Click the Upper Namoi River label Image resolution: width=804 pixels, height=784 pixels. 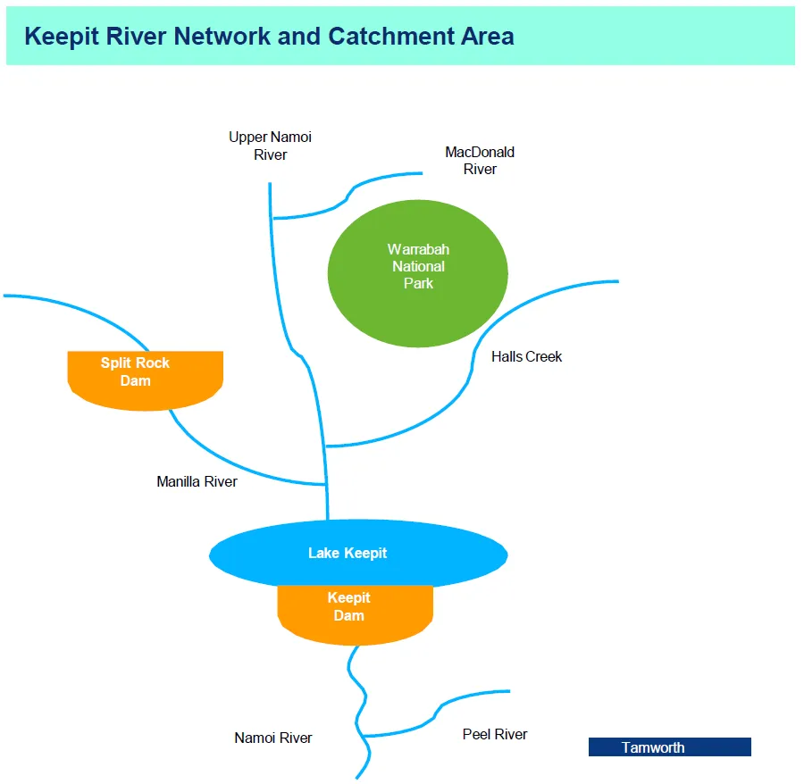270,146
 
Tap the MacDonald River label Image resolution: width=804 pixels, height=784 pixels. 480,161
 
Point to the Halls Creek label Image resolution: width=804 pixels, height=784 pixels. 526,356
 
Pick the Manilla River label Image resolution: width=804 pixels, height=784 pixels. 197,481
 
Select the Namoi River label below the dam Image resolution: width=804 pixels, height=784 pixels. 273,738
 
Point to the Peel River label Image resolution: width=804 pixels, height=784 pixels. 495,734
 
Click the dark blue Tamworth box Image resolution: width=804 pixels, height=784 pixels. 669,747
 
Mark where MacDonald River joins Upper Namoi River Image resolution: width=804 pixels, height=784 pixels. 272,218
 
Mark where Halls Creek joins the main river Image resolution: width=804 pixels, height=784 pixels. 326,445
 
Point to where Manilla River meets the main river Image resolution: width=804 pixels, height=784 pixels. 327,485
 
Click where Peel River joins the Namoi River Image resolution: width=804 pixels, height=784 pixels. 366,736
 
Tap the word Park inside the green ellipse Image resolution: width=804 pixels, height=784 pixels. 418,283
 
